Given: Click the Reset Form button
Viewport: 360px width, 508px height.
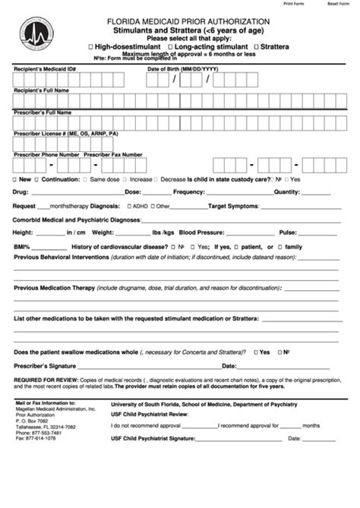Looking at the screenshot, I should tap(338, 3).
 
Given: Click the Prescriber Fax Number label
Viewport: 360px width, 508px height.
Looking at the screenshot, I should tap(113, 154).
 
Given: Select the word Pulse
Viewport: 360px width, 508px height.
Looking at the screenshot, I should tap(287, 232).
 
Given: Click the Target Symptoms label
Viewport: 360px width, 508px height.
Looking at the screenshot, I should tap(233, 206).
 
